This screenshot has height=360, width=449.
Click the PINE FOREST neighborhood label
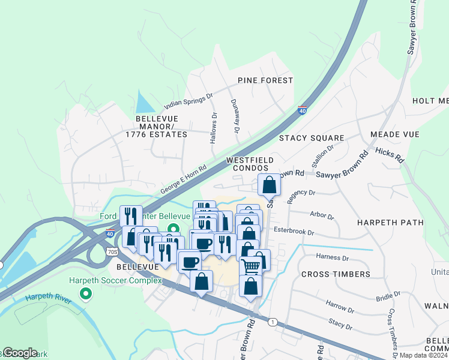pyautogui.click(x=265, y=80)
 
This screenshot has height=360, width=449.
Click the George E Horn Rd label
pyautogui.click(x=184, y=179)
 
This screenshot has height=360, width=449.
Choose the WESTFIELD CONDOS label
pyautogui.click(x=250, y=164)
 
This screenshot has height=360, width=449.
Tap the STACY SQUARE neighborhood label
pyautogui.click(x=312, y=138)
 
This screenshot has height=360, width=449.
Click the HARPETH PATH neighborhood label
pyautogui.click(x=390, y=223)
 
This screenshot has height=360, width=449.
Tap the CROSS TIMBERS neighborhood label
pyautogui.click(x=336, y=274)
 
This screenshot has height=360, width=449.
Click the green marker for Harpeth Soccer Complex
pyautogui.click(x=85, y=294)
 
